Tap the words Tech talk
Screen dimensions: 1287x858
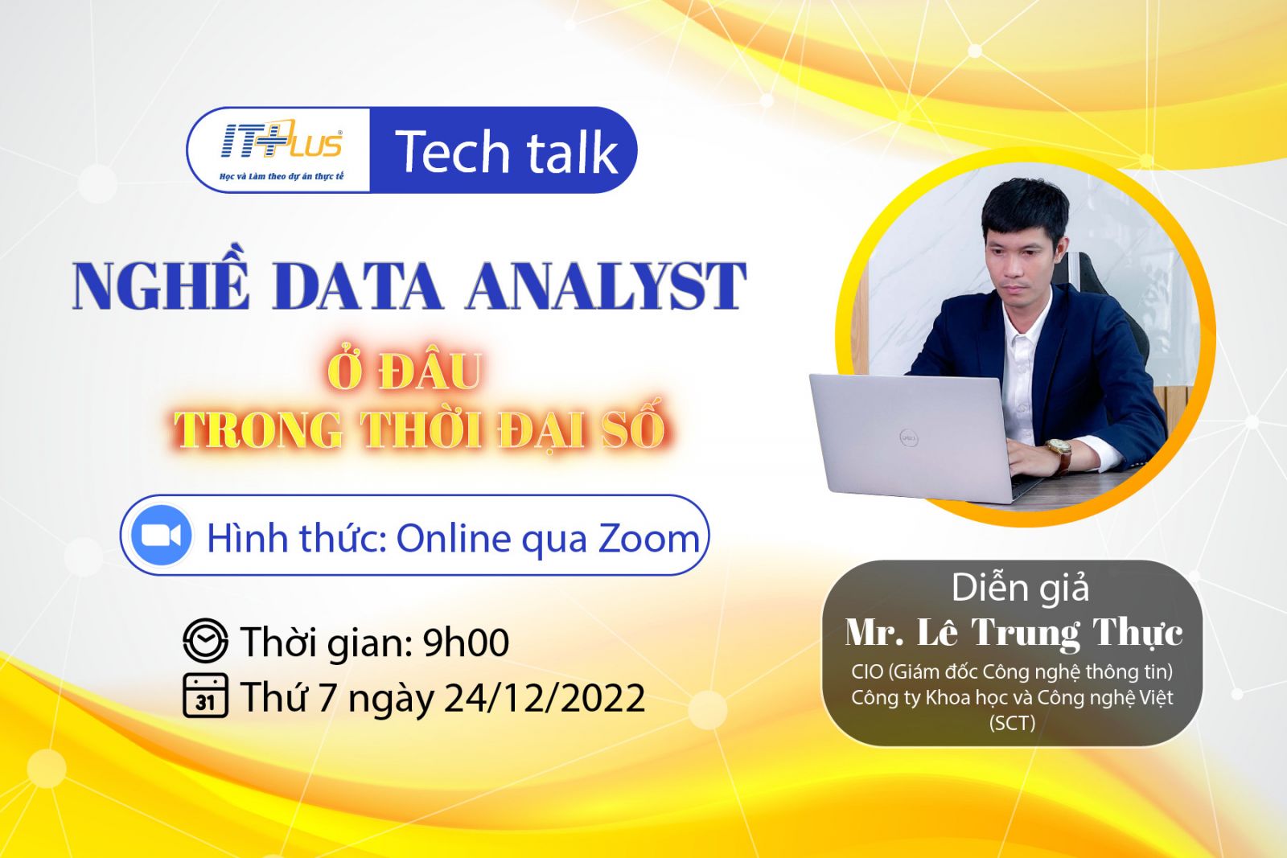click(x=506, y=152)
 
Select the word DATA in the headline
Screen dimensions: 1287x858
click(x=357, y=286)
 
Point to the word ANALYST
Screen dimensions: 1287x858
click(x=606, y=286)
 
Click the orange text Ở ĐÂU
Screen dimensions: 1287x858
click(x=405, y=370)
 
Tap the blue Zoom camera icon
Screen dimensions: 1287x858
click(x=161, y=536)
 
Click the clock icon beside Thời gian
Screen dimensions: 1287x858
click(x=205, y=640)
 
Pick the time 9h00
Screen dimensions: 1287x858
click(x=466, y=642)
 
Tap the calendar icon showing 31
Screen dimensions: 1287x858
click(x=205, y=696)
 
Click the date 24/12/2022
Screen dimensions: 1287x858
click(x=545, y=698)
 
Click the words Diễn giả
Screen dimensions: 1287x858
click(x=1021, y=588)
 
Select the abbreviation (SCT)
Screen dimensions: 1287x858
click(x=1013, y=722)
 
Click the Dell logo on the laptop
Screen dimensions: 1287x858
click(x=909, y=439)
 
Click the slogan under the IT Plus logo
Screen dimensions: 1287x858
click(x=282, y=176)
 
